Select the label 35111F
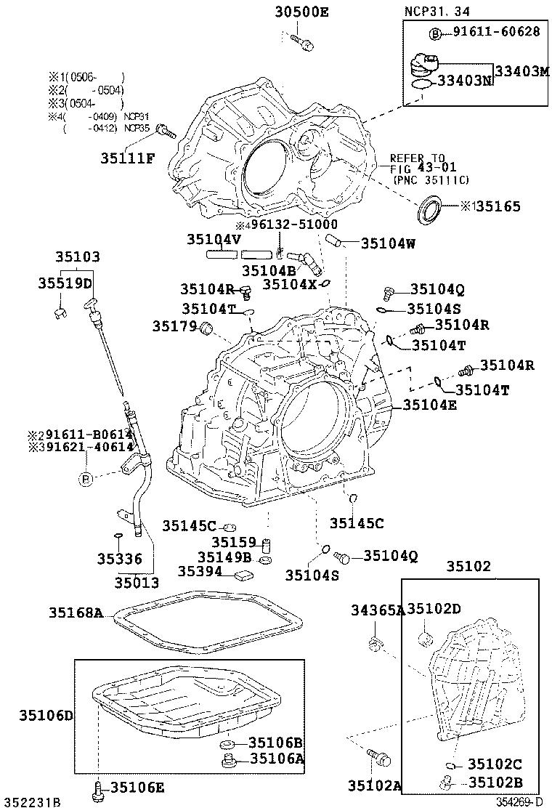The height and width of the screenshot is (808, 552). pyautogui.click(x=128, y=158)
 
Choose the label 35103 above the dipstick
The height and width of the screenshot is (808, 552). pyautogui.click(x=77, y=257)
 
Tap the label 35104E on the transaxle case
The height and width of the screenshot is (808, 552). pyautogui.click(x=430, y=405)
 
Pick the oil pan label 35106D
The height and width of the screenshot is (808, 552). pyautogui.click(x=46, y=715)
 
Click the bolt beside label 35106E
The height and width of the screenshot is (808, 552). pyautogui.click(x=99, y=788)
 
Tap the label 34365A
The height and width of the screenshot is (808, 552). pyautogui.click(x=378, y=609)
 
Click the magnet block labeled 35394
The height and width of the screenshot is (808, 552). pyautogui.click(x=243, y=574)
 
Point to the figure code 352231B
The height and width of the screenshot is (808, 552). pyautogui.click(x=31, y=801)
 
